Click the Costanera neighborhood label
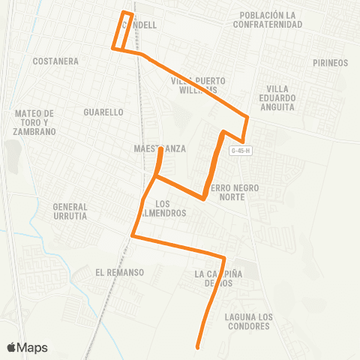click(56, 61)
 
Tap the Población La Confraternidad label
click(271, 19)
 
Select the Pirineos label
click(331, 63)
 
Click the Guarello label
click(103, 112)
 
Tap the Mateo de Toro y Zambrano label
click(35, 122)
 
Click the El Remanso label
click(119, 271)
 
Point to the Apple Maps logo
click(27, 347)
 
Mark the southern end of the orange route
click(198, 347)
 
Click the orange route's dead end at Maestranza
click(161, 150)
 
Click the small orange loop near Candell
click(124, 30)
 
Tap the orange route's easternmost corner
click(248, 116)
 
